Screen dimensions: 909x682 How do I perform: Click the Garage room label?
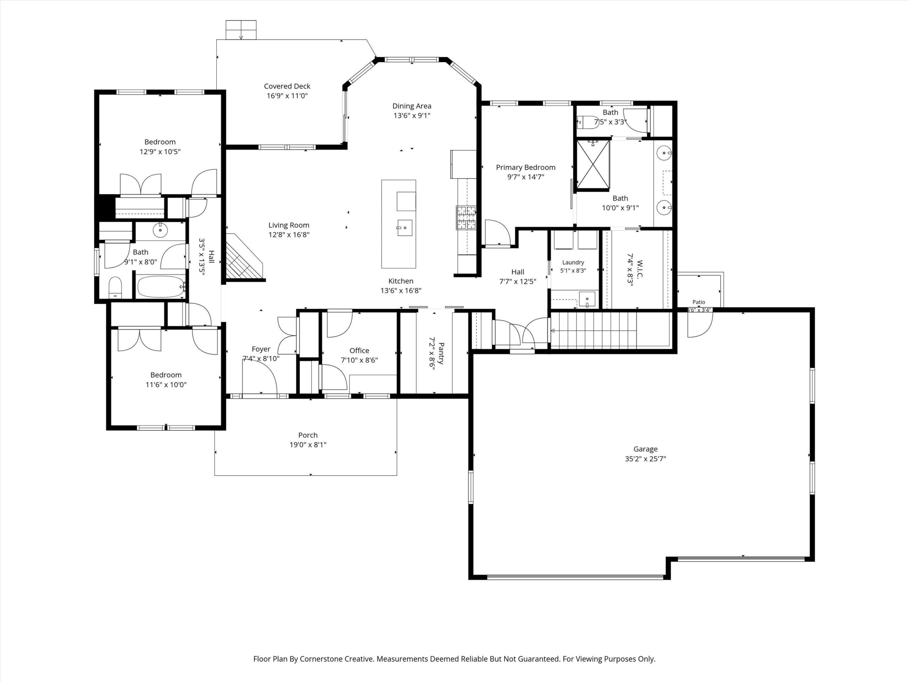tap(645, 449)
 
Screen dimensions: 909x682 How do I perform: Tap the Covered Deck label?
tap(287, 86)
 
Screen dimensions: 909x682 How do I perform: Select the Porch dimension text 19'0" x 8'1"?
tap(308, 445)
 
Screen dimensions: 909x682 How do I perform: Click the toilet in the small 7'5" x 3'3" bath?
tap(588, 122)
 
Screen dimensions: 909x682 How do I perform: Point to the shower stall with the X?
tap(593, 164)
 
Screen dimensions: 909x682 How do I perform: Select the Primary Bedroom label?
tap(526, 167)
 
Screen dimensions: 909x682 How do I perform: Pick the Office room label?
tap(359, 351)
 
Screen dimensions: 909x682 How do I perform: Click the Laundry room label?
tap(573, 262)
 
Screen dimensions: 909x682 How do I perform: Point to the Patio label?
tap(698, 302)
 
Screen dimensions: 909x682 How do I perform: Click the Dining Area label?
tap(412, 106)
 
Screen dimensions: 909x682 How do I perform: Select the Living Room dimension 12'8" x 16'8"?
tap(289, 235)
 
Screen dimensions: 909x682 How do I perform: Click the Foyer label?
tap(261, 349)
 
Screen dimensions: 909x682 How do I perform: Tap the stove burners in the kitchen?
tap(466, 218)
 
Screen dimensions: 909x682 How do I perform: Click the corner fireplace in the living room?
tap(243, 257)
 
